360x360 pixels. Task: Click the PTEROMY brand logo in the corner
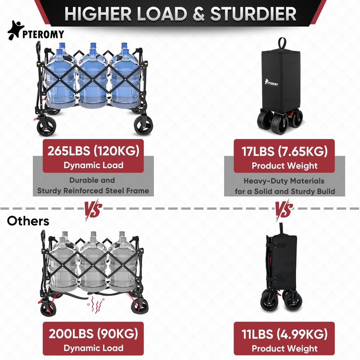point(36,33)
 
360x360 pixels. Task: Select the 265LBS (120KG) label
point(93,150)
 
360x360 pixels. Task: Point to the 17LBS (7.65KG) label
point(284,150)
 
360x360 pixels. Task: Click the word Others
point(28,221)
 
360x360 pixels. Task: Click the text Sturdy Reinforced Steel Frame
point(93,191)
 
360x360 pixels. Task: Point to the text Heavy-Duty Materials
point(284,181)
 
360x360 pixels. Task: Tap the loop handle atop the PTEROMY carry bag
point(282,44)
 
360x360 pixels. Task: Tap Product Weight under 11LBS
point(284,348)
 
